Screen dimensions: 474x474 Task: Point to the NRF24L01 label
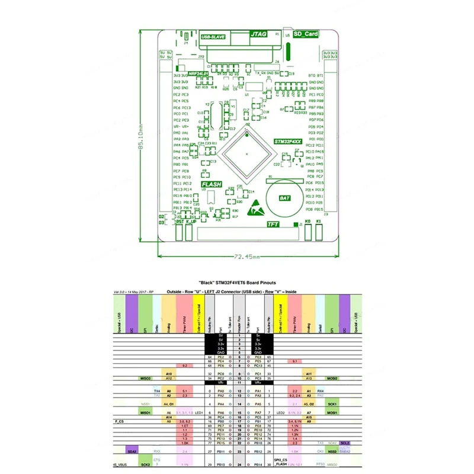[x=198, y=73]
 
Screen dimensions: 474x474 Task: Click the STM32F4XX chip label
[x=288, y=142]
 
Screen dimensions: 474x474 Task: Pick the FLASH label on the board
[x=212, y=184]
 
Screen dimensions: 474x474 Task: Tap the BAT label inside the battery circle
[x=284, y=200]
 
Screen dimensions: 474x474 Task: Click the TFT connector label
[x=273, y=225]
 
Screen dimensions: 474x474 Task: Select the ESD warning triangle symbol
[x=256, y=207]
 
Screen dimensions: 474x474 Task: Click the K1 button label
[x=319, y=221]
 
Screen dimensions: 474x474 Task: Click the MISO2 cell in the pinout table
[x=145, y=378]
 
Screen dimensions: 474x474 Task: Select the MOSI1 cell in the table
[x=332, y=412]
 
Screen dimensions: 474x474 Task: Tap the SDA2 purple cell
[x=132, y=451]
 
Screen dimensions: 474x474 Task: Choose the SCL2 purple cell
[x=345, y=443]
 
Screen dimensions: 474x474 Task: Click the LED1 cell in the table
[x=199, y=412]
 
